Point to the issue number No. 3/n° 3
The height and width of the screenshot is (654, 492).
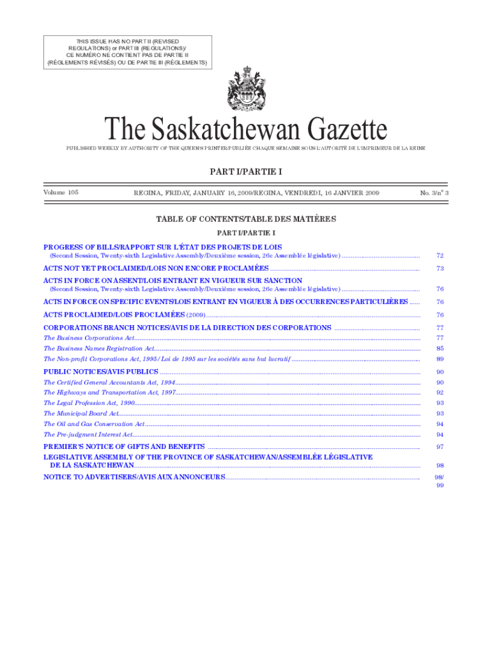(434, 192)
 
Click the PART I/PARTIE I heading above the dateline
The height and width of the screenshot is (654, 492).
(245, 171)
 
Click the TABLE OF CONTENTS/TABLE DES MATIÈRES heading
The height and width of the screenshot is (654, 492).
(245, 219)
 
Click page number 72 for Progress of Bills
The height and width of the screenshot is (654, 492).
(440, 255)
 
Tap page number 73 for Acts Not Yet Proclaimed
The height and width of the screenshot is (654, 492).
(440, 268)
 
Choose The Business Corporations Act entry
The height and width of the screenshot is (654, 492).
(89, 338)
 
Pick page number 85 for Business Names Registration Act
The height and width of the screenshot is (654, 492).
(440, 349)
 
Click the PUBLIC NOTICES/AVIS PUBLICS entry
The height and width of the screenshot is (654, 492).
(100, 372)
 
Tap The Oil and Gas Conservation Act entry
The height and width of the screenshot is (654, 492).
(94, 424)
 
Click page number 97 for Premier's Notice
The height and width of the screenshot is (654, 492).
(440, 447)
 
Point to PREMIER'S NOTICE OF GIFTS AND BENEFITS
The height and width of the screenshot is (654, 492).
(124, 446)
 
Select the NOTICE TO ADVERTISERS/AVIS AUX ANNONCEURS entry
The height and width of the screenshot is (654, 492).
(134, 477)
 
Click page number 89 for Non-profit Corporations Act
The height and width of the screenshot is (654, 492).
(440, 359)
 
